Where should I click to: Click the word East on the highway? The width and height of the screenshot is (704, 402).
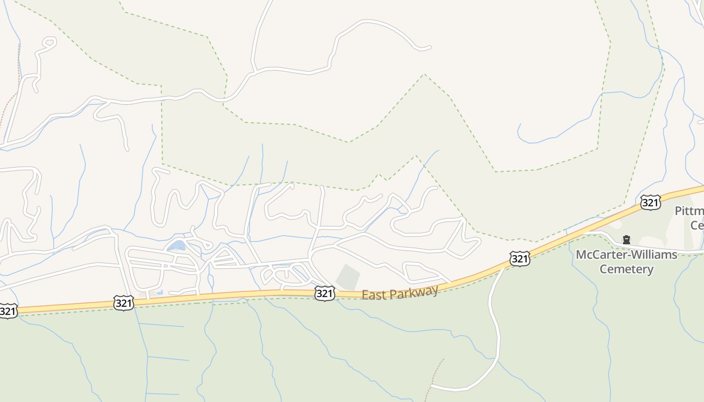pos(373,295)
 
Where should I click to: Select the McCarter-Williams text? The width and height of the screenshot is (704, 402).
pos(626,255)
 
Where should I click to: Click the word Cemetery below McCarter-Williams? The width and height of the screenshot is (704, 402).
pos(626,269)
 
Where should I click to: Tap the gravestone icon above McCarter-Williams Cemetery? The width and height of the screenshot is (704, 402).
pos(626,240)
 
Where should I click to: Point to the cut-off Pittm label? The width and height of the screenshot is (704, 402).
pos(689,211)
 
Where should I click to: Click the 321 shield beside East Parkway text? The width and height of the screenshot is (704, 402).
pos(324,293)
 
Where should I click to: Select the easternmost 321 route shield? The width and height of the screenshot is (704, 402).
pos(650,203)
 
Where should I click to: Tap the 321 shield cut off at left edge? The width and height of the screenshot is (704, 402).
pos(7,311)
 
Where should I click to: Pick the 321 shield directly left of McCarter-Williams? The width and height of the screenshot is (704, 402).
pos(519,259)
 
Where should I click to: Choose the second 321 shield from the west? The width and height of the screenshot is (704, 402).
pos(124,303)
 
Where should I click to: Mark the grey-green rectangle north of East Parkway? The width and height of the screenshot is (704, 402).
pos(348,277)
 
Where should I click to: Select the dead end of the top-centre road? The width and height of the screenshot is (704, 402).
pos(429,48)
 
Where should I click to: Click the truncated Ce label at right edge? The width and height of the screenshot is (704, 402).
pos(697,225)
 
